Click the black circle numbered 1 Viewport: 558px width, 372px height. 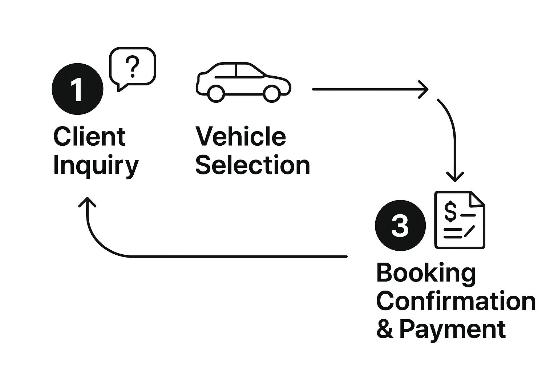(x=78, y=89)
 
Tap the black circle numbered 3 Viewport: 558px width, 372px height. (x=400, y=225)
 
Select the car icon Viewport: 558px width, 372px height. (x=243, y=82)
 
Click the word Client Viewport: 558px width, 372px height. (x=89, y=137)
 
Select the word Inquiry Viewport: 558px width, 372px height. (x=96, y=166)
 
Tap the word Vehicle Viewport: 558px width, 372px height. (x=240, y=137)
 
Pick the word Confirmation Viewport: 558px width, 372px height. (x=456, y=302)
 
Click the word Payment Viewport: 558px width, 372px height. (x=452, y=329)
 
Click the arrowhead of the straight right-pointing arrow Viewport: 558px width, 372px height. (x=424, y=89)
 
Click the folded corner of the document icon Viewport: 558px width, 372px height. (x=477, y=199)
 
